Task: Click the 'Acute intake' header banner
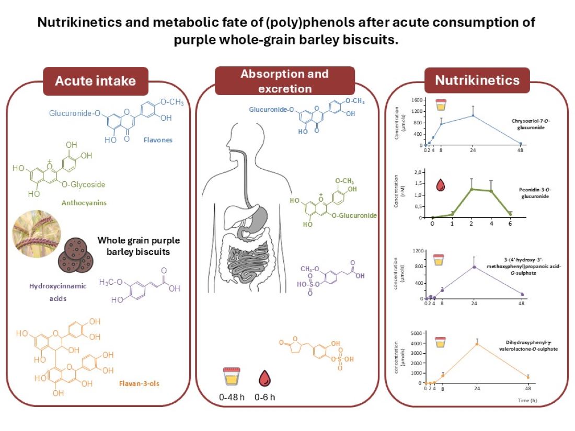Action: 95,80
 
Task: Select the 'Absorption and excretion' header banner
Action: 284,81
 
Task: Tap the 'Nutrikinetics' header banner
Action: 477,80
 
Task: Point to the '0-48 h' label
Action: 231,398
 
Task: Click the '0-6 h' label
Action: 264,398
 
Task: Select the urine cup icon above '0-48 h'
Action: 230,377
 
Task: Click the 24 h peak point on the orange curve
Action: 477,344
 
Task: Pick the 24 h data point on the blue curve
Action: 474,115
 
